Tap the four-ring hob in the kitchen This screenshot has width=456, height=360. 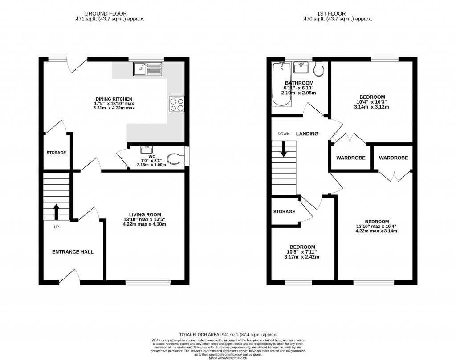pyautogui.click(x=177, y=104)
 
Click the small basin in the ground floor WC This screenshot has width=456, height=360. pyautogui.click(x=147, y=150)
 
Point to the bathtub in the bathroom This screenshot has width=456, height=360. pyautogui.click(x=281, y=85)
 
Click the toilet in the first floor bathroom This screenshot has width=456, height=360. pyautogui.click(x=319, y=69)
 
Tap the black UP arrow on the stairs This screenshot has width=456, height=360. pyautogui.click(x=56, y=212)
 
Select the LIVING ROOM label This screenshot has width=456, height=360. pyautogui.click(x=145, y=214)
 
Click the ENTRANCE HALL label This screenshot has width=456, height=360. pyautogui.click(x=73, y=252)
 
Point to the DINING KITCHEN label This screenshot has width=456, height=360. pyautogui.click(x=114, y=99)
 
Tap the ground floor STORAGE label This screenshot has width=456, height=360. pyautogui.click(x=56, y=153)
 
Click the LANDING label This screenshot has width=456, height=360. pyautogui.click(x=307, y=133)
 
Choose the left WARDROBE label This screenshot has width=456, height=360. pyautogui.click(x=350, y=158)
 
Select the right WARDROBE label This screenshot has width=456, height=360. pyautogui.click(x=393, y=158)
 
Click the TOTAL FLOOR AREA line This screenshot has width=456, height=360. pyautogui.click(x=228, y=335)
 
